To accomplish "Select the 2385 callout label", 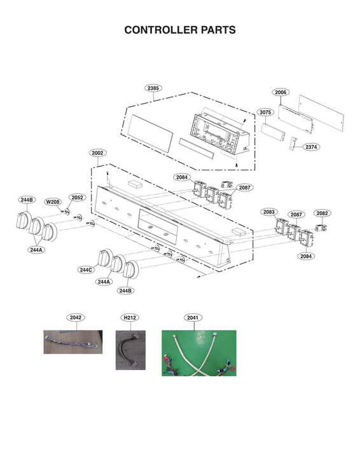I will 153,88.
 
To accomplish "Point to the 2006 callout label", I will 280,92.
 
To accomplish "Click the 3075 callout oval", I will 265,112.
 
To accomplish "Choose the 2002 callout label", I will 98,153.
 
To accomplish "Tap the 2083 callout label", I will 268,212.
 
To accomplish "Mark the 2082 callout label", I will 322,214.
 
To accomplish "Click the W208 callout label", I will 53,202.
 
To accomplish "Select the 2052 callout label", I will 77,198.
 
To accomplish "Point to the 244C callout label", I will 87,270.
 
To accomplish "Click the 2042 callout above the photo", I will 76,317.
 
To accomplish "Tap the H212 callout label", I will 130,317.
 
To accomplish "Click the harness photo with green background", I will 198,353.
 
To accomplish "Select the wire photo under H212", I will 130,350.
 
